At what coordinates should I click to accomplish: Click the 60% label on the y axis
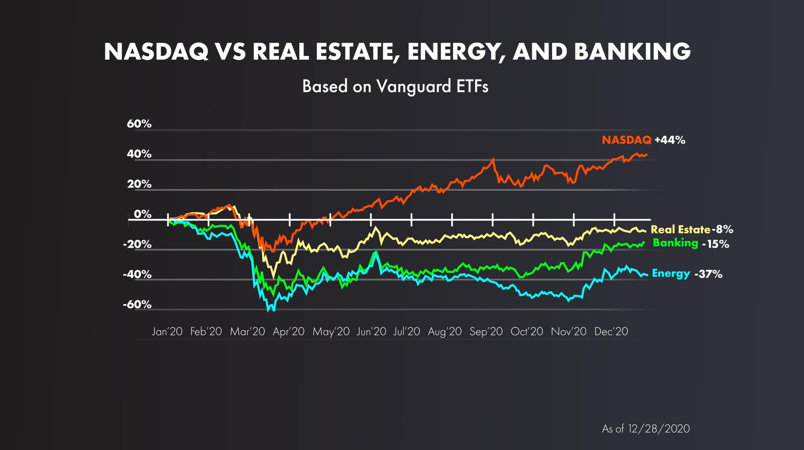[139, 124]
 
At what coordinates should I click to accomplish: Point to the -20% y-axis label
[137, 244]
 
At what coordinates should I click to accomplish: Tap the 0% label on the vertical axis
[142, 214]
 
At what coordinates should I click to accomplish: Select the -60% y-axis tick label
[137, 305]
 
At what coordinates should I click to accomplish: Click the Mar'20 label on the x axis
[247, 332]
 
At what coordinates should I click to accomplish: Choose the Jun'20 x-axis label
[371, 332]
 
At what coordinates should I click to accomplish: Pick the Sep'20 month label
[486, 332]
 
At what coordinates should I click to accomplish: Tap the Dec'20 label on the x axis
[611, 332]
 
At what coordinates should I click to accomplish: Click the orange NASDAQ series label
[626, 140]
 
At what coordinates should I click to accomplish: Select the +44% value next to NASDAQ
[670, 140]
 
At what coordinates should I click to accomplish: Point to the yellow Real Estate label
[680, 230]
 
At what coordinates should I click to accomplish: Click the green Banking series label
[675, 243]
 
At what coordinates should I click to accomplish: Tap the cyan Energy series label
[671, 274]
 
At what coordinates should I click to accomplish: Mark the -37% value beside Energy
[708, 274]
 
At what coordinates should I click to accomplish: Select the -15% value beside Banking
[716, 244]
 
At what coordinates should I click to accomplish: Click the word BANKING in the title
[632, 52]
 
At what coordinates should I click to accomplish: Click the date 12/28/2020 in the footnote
[659, 429]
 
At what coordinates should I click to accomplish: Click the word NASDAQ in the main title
[156, 52]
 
